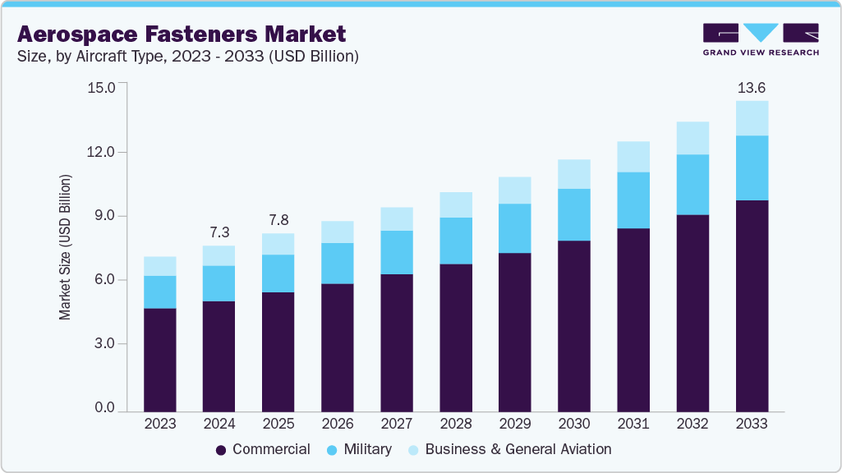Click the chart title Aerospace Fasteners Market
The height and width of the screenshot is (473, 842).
click(x=182, y=34)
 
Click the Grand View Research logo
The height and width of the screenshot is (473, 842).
click(x=761, y=39)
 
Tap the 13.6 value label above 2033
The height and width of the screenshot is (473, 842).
click(x=752, y=88)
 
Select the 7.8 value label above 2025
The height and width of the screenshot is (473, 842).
click(x=278, y=220)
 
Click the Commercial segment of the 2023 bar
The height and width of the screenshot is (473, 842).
click(x=159, y=360)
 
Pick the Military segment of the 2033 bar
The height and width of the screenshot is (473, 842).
click(x=752, y=168)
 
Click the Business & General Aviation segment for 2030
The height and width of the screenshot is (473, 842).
click(x=574, y=174)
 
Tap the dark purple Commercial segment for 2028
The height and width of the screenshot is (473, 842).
click(x=455, y=338)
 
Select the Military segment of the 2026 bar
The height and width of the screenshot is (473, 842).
click(x=337, y=264)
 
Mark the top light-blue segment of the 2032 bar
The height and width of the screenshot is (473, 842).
click(x=692, y=138)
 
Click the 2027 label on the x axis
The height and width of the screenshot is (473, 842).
click(x=396, y=425)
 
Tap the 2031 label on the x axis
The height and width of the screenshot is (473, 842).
click(x=633, y=425)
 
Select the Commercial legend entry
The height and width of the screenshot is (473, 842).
click(x=263, y=449)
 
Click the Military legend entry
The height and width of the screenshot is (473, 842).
click(x=359, y=449)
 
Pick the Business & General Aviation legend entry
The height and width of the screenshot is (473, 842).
click(x=509, y=449)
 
